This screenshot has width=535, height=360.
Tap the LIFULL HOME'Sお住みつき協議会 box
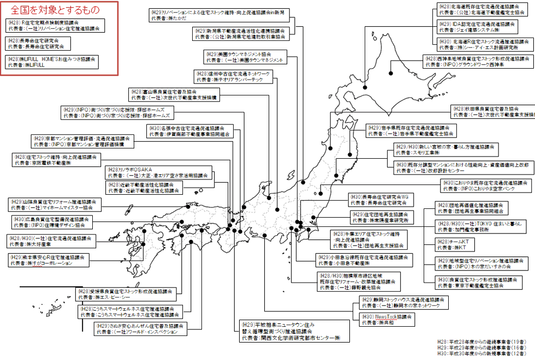[52, 61]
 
